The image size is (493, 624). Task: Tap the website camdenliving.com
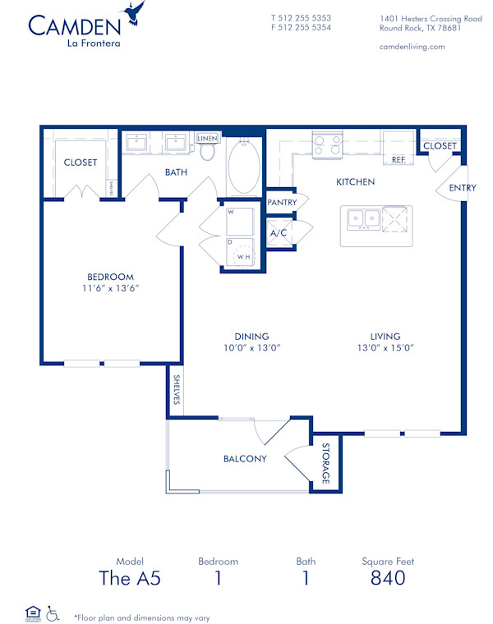pos(412,47)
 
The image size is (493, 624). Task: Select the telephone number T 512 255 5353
pos(301,17)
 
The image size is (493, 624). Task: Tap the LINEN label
pos(208,139)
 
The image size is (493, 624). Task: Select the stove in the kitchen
pos(326,145)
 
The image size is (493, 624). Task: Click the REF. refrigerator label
pos(399,159)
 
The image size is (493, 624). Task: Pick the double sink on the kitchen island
pos(362,218)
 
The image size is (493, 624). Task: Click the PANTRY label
pos(281,201)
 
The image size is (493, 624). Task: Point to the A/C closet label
pos(278,233)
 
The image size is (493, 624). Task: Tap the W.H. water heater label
pos(243,257)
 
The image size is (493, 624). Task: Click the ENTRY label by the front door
pos(462,188)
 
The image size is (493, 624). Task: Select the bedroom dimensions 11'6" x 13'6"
pos(111,288)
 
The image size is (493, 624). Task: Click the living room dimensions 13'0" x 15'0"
pos(385,347)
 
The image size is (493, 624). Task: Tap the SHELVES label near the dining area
pos(176,390)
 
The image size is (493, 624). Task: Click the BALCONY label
pos(245,459)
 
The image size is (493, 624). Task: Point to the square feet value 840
pos(387,578)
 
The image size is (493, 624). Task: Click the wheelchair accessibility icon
pos(53,612)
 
